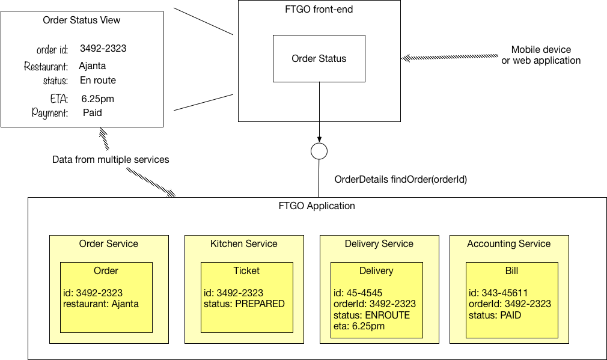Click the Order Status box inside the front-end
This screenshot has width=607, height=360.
coord(319,58)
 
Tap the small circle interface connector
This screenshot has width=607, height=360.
coord(319,151)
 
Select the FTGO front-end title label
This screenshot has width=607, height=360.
coord(319,10)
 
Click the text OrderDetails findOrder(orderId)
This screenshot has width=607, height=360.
coord(400,179)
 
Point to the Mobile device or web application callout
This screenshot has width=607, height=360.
coord(541,55)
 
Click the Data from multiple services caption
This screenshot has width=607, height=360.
coord(111,160)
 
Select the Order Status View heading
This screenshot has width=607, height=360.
coord(82,20)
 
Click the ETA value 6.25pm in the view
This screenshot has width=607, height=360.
coord(97,99)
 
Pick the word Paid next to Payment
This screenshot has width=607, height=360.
coord(93,112)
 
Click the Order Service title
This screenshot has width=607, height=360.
coord(109,243)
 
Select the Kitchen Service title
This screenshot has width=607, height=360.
coord(243,243)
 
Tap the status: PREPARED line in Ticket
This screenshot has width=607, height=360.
coord(244,304)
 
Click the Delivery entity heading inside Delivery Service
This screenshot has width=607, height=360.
coord(376,270)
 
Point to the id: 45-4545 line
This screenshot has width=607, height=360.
coord(358,293)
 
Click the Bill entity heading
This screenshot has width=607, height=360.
coord(511,270)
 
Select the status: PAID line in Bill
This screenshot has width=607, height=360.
coord(495,315)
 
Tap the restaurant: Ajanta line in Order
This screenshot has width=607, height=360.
coord(100,304)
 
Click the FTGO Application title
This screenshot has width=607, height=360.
coord(317,206)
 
